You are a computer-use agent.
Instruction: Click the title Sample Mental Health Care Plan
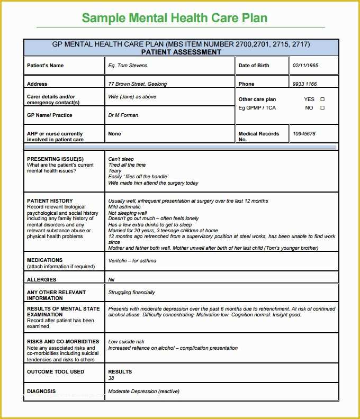pos(175,18)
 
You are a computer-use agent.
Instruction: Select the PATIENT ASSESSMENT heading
pos(181,52)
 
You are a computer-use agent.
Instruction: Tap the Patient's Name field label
pos(45,66)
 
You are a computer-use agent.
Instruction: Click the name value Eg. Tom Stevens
pos(128,66)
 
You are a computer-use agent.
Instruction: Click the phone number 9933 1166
pos(304,84)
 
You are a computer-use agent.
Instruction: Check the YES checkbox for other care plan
pos(322,99)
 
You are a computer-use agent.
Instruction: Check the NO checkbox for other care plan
pos(322,107)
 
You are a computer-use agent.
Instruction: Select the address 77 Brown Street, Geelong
pos(137,84)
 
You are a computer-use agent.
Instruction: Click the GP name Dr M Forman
pos(123,115)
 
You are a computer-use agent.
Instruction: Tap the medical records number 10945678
pos(304,134)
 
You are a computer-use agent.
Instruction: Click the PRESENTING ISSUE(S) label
pos(55,159)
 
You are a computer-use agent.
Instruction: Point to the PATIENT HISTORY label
pos(50,201)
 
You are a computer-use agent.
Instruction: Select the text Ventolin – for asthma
pos(132,260)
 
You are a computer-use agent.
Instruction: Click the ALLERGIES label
pos(41,279)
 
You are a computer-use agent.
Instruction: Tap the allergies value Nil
pos(111,279)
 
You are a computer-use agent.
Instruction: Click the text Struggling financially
pos(131,292)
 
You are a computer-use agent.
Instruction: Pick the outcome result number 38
pos(111,378)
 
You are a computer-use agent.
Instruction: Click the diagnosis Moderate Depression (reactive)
pos(143,391)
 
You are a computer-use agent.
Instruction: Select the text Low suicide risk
pos(126,342)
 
